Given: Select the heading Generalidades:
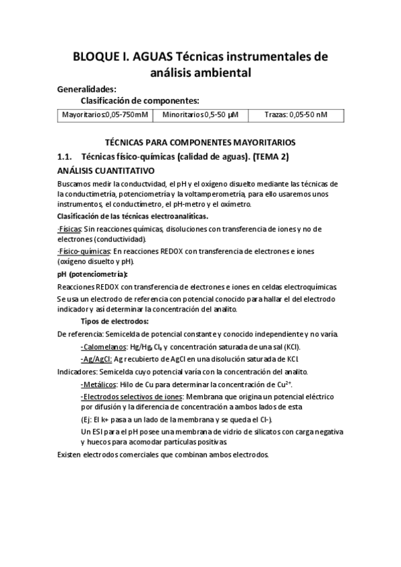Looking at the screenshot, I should (87, 88).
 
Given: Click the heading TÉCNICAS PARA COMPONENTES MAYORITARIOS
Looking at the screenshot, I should (201, 142).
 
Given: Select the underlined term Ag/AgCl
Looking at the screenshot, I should (96, 358).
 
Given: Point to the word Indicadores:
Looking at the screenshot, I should (78, 371).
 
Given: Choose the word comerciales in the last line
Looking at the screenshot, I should (142, 455).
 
